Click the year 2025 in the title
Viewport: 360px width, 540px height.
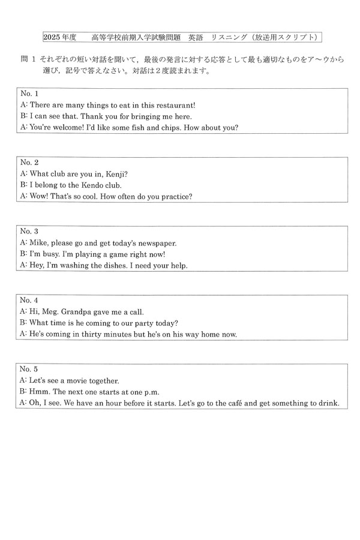click(x=52, y=38)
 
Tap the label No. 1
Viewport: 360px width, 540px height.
click(x=29, y=94)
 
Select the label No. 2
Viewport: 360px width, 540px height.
click(x=29, y=163)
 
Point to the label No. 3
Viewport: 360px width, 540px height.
click(x=29, y=231)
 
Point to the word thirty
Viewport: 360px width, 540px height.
click(x=98, y=334)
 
